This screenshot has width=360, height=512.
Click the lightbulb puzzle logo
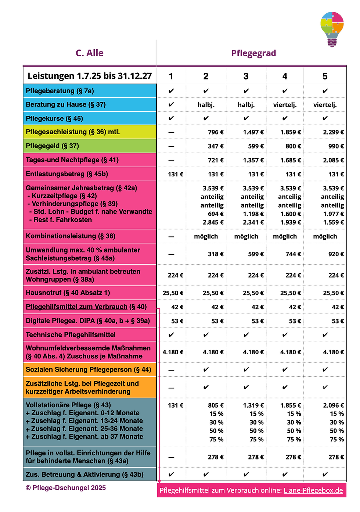[x=332, y=29]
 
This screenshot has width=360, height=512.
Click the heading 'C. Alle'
[x=90, y=53]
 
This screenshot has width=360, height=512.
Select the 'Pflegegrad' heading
[x=253, y=53]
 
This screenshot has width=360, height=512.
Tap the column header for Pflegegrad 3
[x=246, y=76]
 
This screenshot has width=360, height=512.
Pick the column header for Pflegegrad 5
[x=325, y=76]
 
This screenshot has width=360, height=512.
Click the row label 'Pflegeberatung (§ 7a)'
[x=60, y=91]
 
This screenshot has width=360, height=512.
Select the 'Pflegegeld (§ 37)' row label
[x=52, y=146]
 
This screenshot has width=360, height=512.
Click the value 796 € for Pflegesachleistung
[x=215, y=132]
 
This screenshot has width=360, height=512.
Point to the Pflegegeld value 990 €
[x=336, y=146]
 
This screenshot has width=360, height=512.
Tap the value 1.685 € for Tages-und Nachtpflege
[x=290, y=160]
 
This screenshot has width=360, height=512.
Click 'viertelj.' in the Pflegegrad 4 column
[x=285, y=105]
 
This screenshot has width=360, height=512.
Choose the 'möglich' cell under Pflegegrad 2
[x=206, y=236]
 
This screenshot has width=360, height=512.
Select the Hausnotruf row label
[x=68, y=293]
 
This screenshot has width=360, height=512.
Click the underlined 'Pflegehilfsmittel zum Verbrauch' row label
[x=76, y=307]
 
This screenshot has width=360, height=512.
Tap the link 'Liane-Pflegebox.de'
[x=313, y=491]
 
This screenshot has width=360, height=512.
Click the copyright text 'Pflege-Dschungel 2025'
[x=66, y=488]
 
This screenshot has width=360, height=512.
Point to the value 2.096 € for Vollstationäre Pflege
[x=333, y=405]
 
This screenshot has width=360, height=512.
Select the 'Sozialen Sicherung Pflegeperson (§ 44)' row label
[x=88, y=369]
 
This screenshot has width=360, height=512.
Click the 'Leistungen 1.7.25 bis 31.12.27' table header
[x=90, y=76]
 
